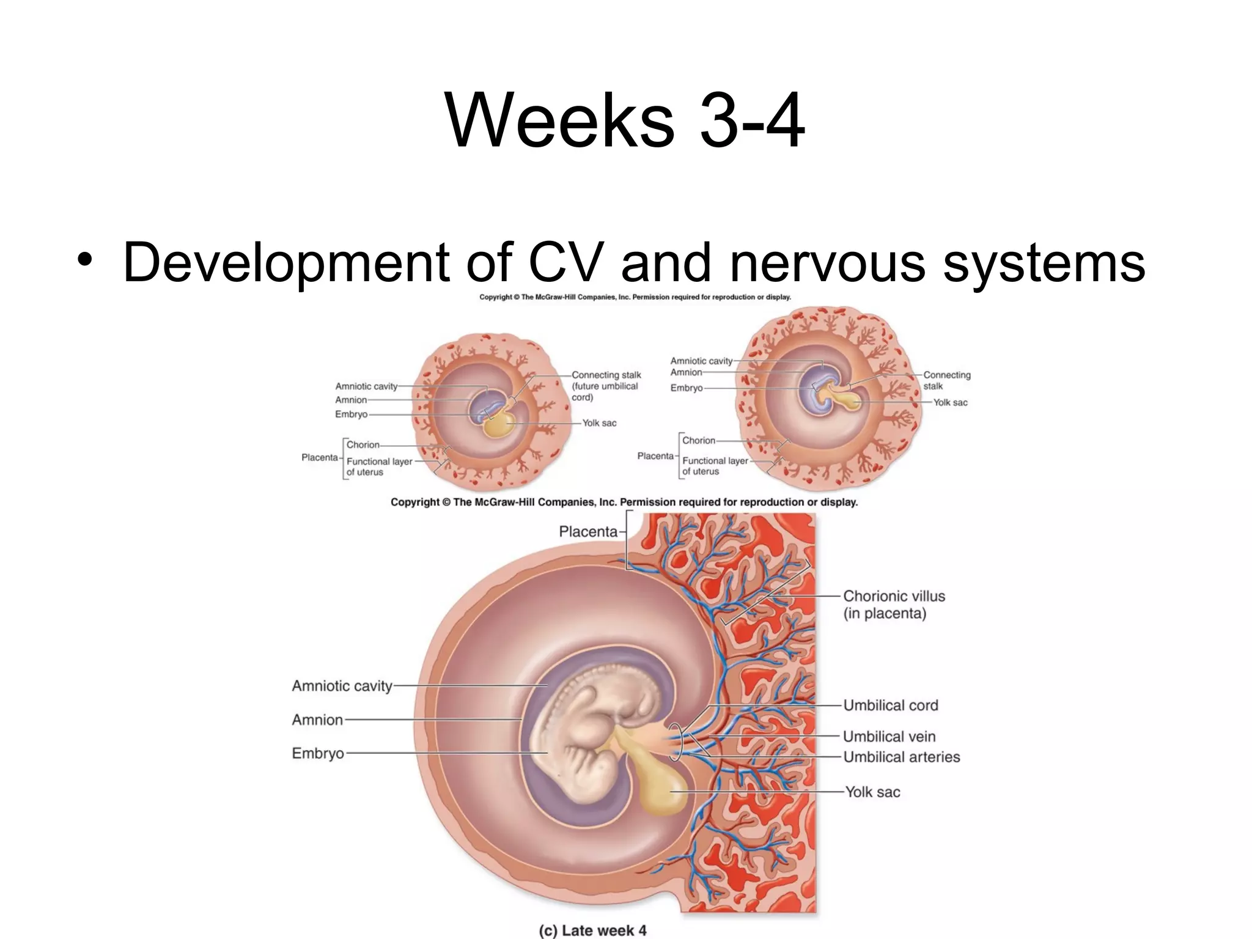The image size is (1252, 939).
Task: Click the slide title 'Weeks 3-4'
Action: [x=625, y=120]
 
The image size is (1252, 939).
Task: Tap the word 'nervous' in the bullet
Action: [x=827, y=262]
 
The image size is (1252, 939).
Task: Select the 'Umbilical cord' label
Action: [x=890, y=705]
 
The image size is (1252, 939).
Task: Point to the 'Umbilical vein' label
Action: [x=889, y=737]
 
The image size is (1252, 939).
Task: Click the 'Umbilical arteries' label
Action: [x=901, y=757]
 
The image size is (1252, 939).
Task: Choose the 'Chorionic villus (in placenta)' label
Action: [x=893, y=605]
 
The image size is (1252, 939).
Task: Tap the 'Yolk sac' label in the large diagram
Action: [x=872, y=792]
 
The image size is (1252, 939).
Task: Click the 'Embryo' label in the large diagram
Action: [x=318, y=753]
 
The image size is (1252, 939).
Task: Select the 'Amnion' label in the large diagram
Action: [x=317, y=720]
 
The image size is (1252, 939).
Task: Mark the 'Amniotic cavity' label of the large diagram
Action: [x=342, y=686]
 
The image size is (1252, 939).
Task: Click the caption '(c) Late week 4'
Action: [x=592, y=930]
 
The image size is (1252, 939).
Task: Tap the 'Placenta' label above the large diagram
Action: [x=588, y=532]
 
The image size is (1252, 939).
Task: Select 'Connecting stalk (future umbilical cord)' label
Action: [x=606, y=386]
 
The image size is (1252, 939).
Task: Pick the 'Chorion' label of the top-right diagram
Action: [x=698, y=440]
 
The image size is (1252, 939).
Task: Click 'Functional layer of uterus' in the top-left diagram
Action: [x=379, y=466]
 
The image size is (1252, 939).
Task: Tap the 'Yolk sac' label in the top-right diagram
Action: [x=950, y=402]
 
